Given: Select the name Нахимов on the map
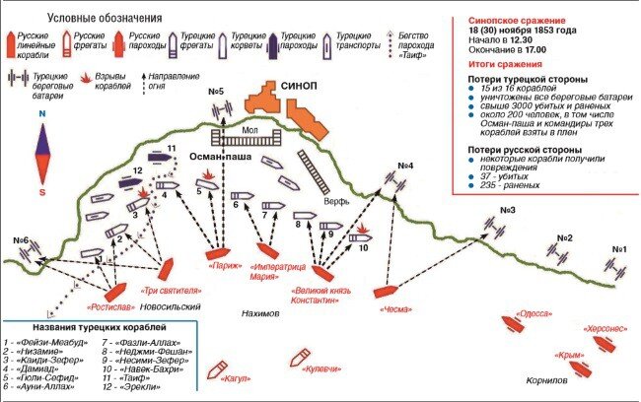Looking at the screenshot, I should tap(260, 313).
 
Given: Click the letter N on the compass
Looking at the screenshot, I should tap(42, 112).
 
